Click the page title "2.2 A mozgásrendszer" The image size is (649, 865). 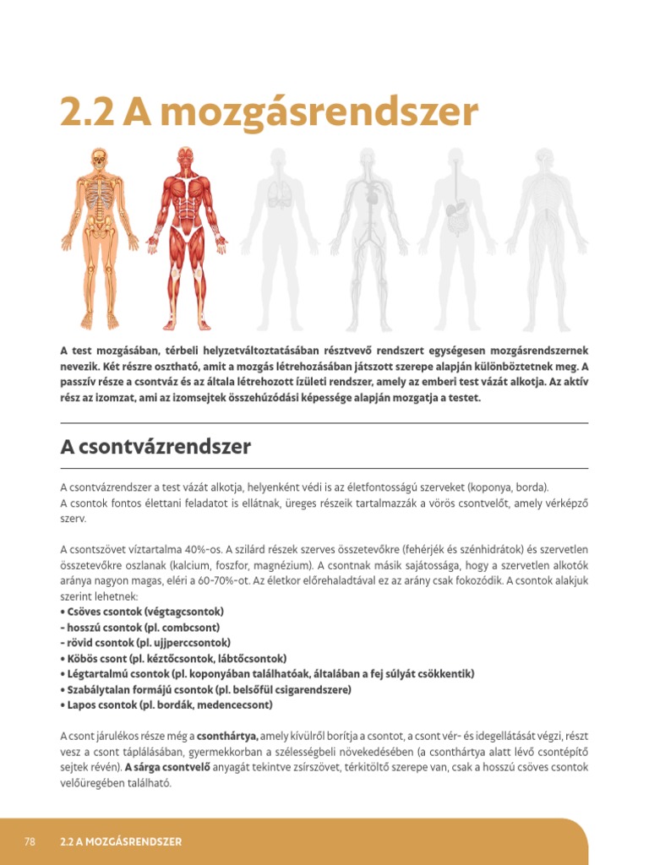(269, 112)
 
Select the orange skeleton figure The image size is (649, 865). (100, 237)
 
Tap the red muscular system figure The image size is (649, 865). (186, 237)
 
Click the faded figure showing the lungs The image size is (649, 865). (279, 237)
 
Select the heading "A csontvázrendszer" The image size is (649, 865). (155, 447)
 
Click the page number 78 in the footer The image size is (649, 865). (30, 842)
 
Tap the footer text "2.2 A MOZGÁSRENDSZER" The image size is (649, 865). (122, 842)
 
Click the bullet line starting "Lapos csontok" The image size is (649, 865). (166, 705)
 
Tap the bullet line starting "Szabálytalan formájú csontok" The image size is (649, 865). (205, 689)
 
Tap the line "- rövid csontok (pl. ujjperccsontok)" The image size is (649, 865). (145, 642)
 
